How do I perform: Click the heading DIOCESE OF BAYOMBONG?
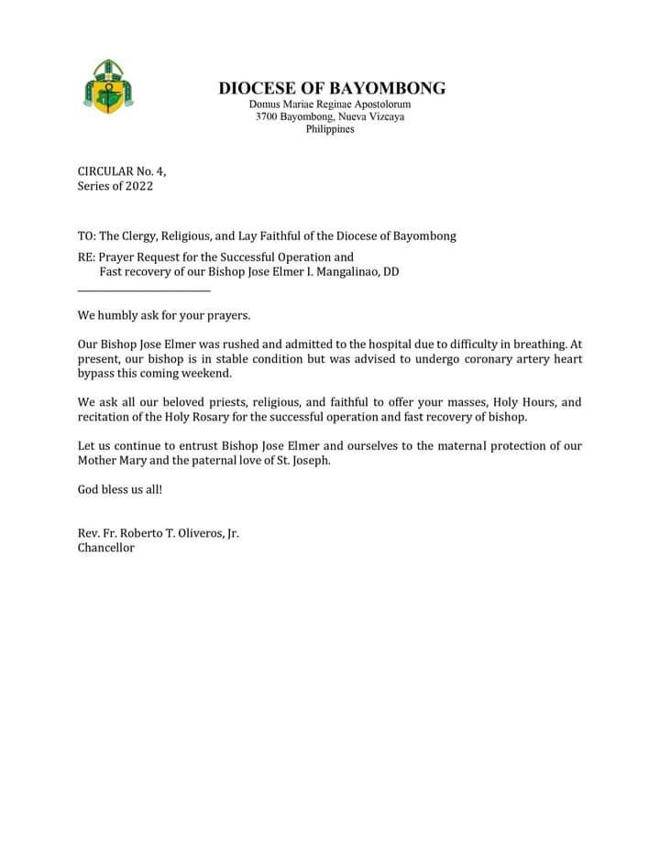tap(332, 89)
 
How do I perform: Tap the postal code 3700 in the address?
tap(268, 117)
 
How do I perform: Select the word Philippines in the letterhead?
tap(330, 129)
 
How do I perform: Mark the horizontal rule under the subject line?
tap(144, 291)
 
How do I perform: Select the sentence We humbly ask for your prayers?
tap(164, 315)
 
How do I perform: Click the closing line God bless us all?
tap(120, 489)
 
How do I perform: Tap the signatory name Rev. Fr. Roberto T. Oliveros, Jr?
tap(158, 533)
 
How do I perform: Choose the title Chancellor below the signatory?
tap(106, 548)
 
